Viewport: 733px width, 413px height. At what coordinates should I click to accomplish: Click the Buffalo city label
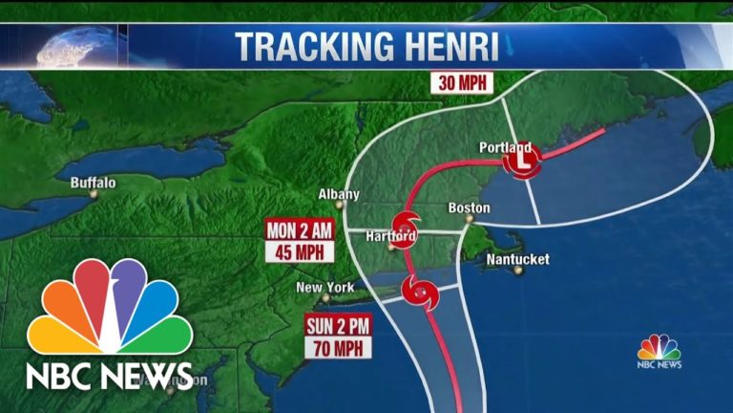coord(93,182)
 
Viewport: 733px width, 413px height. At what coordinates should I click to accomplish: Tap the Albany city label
coord(339,194)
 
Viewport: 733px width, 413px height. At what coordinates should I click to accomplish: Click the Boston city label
coord(470,207)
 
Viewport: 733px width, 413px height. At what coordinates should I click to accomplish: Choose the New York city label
coord(325,287)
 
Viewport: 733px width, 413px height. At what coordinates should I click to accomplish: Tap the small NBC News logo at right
coord(660,351)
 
